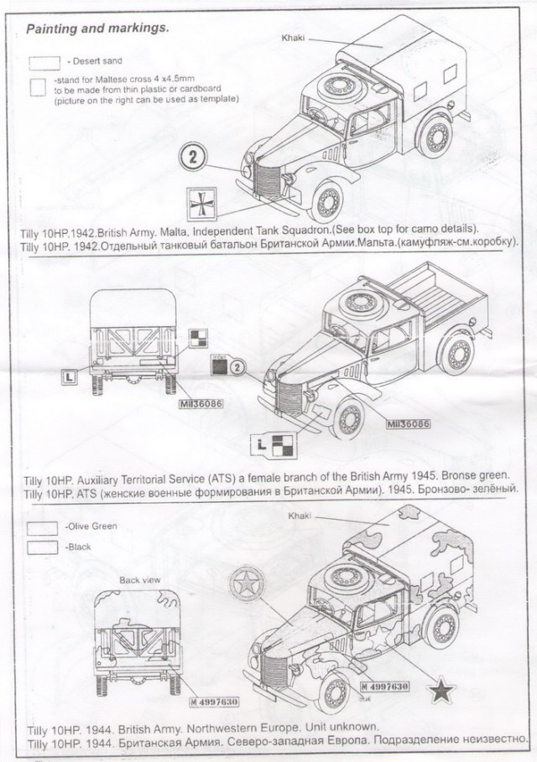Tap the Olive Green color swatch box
43,528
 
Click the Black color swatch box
43,547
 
